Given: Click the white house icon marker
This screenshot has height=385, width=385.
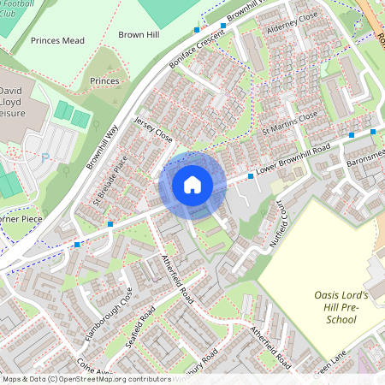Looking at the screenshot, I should click(x=192, y=185).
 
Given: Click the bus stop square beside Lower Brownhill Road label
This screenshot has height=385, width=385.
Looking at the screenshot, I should click(x=251, y=175).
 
